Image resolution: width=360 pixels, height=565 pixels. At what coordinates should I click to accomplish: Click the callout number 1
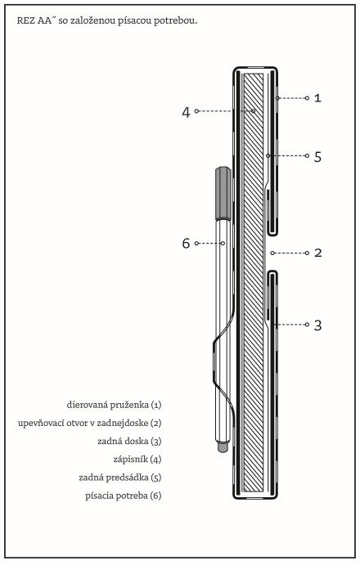(317, 98)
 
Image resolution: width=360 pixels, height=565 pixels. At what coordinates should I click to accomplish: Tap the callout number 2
(317, 253)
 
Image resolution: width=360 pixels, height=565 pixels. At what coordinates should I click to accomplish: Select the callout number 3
(317, 325)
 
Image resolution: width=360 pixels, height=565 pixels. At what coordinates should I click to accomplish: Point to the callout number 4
(186, 112)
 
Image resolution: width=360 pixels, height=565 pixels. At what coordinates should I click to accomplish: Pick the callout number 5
(317, 157)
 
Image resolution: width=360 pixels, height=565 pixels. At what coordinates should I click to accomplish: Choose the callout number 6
(186, 243)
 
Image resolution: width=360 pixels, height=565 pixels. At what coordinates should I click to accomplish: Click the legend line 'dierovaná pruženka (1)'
(114, 405)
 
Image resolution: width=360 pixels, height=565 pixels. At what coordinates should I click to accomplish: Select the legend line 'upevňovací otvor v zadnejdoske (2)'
(89, 423)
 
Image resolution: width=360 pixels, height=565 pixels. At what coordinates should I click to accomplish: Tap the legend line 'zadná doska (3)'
(129, 441)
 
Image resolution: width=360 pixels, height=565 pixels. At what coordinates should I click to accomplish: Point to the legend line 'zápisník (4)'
(137, 460)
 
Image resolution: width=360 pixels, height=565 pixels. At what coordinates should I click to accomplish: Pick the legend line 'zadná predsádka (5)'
(120, 478)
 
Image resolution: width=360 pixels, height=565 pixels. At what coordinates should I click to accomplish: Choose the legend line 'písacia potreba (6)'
(124, 495)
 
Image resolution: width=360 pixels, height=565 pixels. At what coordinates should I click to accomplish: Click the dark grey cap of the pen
(223, 193)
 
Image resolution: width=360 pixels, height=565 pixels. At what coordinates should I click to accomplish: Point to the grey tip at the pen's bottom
(223, 447)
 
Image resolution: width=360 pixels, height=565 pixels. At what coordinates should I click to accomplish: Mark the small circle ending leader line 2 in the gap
(272, 253)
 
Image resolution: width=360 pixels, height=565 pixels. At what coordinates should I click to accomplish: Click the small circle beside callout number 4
(197, 111)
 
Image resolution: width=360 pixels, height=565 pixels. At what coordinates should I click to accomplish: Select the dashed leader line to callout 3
(290, 325)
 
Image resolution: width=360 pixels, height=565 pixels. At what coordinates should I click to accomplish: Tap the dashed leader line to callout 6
(209, 243)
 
